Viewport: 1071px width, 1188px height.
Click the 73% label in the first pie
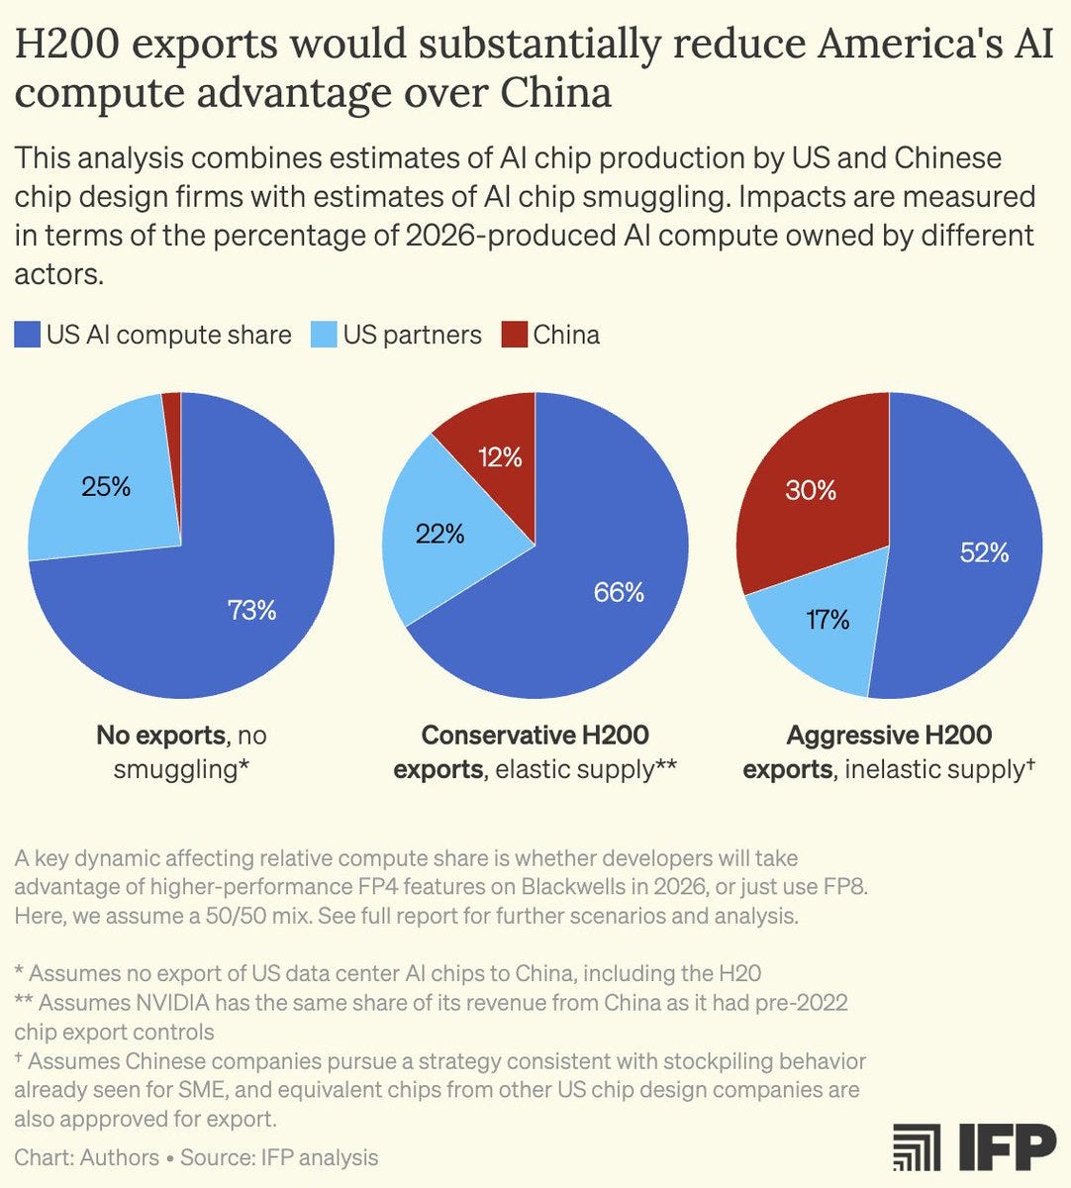251,610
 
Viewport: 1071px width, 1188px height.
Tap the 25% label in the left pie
106,486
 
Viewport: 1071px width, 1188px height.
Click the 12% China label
499,456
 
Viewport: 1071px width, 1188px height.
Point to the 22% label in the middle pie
439,534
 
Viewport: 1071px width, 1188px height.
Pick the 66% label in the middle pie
619,592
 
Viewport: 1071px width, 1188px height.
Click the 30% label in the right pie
811,490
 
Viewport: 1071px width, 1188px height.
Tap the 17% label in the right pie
828,620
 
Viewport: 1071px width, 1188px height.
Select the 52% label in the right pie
984,552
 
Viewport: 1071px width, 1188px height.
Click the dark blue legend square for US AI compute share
27,335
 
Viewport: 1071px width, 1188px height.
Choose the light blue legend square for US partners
324,335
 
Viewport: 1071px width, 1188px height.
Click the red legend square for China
514,335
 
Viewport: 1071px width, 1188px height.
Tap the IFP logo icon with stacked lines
917,1146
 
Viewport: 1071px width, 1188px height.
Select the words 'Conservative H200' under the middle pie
535,736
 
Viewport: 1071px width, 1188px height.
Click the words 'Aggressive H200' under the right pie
889,736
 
